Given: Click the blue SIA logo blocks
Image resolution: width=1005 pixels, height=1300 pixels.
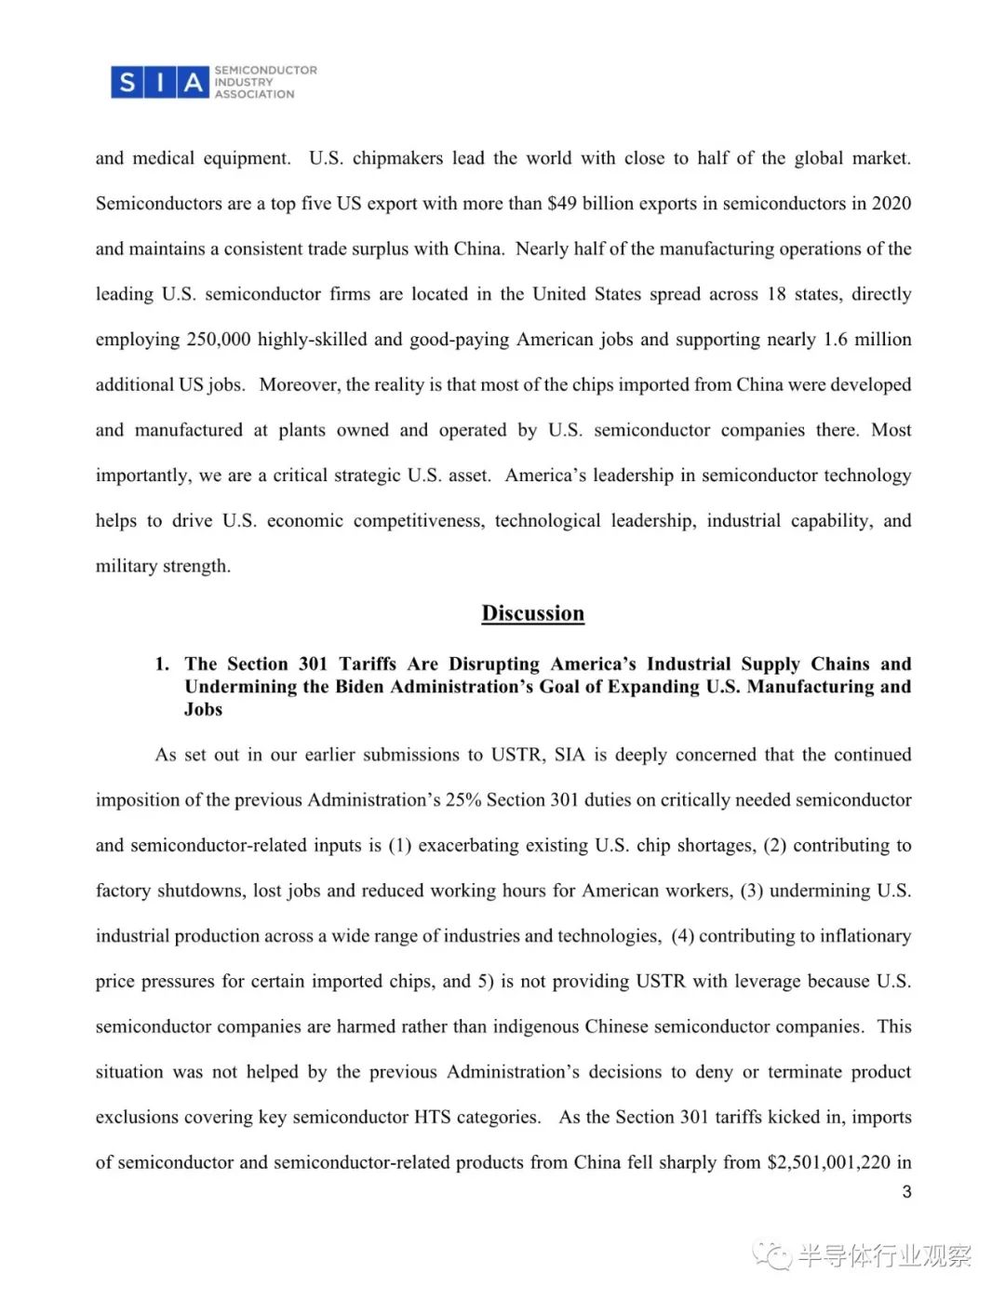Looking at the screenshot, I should point(159,83).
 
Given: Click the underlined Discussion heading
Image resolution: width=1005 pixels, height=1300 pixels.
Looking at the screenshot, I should point(532,613).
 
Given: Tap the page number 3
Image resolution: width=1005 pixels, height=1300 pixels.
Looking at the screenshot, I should point(906,1192).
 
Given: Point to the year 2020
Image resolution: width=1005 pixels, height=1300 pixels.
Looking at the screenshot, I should point(891,204).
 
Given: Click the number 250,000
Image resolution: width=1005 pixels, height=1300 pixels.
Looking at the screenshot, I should point(219,340).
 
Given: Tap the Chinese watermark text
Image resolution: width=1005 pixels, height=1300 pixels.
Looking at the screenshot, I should point(884,1256).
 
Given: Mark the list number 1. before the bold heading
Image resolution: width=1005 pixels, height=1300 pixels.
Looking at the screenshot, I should point(162,664).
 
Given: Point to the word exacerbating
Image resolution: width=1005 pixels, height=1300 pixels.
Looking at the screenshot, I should point(473,846).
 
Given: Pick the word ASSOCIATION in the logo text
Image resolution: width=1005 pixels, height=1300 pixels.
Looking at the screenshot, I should point(254,95).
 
